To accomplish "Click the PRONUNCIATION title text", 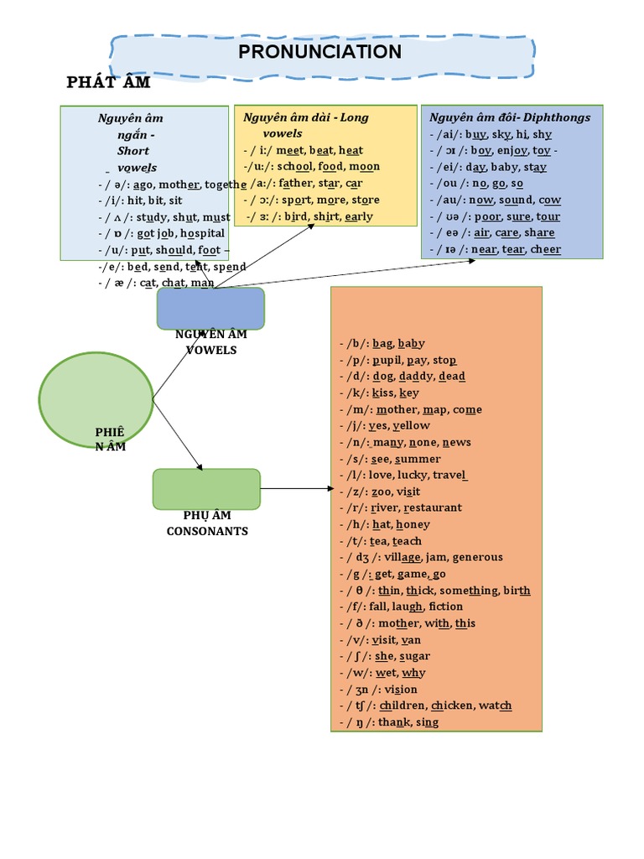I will [x=319, y=52].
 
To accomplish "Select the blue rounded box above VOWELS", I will [x=210, y=308].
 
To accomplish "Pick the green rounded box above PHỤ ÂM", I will [x=206, y=489].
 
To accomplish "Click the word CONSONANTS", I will [x=207, y=531].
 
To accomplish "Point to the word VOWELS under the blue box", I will [x=211, y=350].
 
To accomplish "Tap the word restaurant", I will [x=433, y=508].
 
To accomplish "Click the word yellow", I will [x=411, y=425].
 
